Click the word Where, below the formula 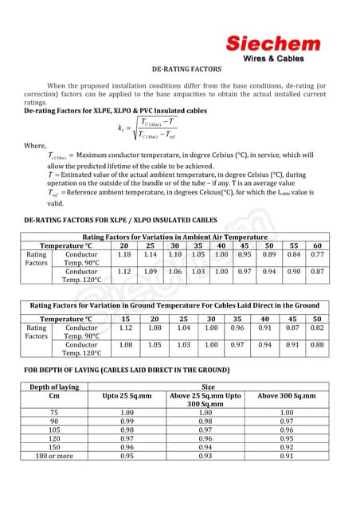coord(35,146)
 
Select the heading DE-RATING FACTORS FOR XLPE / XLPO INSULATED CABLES coord(120,218)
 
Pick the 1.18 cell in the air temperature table coord(124,255)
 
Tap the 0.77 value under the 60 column coord(317,255)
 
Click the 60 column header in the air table coord(317,246)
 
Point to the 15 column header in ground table coord(125,318)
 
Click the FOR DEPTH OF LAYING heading coord(115,371)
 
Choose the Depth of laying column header coord(54,386)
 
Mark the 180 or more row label coord(54,456)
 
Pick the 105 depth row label coord(54,430)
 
